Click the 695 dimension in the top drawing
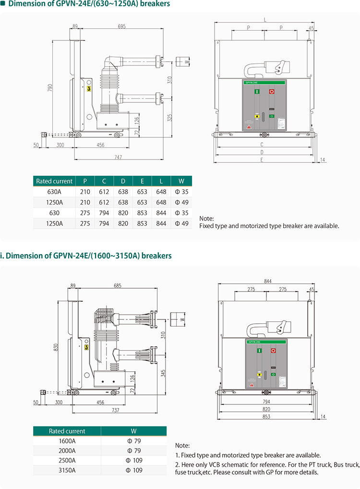pos(122,26)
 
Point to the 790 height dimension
pos(50,87)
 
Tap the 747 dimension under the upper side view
pos(118,157)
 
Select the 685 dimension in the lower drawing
pos(118,286)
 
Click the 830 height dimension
pos(56,347)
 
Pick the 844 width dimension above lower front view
pos(268,281)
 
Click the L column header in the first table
pos(161,181)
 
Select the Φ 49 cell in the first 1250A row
pos(182,202)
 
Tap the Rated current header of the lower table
pos(67,431)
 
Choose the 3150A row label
pos(67,470)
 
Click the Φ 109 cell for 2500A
pos(134,460)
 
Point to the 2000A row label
pos(67,451)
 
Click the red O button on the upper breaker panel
pos(272,91)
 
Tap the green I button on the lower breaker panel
pos(259,351)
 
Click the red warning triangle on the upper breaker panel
pos(249,127)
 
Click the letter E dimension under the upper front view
pos(262,159)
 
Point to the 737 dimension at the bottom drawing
pos(116,410)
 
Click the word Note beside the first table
pos(206,218)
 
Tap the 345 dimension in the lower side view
pos(163,373)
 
